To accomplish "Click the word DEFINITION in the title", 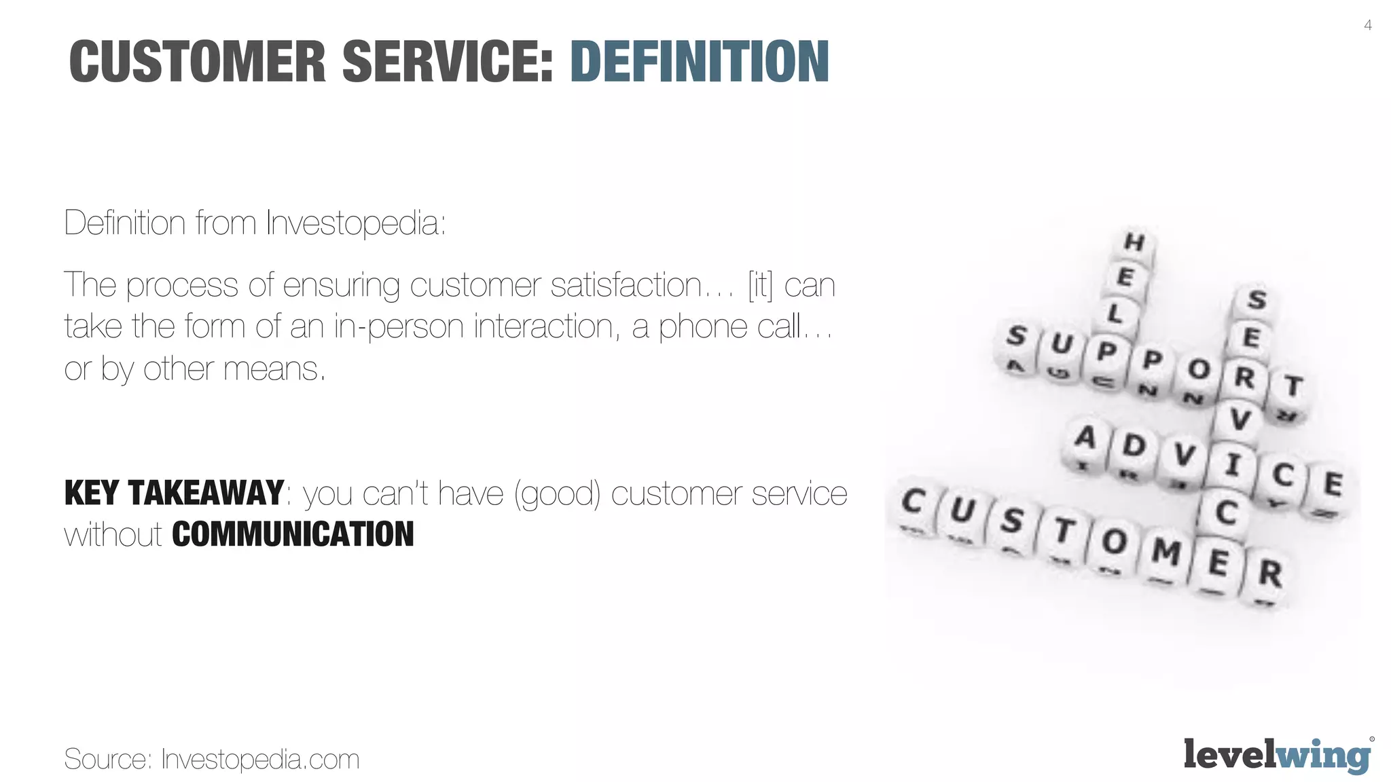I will tap(700, 62).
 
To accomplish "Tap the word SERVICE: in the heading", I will tap(448, 62).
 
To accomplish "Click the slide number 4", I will tap(1367, 26).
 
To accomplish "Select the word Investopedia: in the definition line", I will tap(355, 223).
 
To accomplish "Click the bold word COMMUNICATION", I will tap(293, 534).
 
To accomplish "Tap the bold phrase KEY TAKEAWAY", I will tap(174, 493).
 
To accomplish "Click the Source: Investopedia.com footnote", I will tap(211, 759).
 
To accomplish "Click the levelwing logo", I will tap(1277, 755).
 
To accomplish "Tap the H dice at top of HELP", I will tap(1134, 242).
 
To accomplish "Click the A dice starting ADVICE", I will tap(1085, 438).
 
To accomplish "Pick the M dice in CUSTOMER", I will tap(1166, 551).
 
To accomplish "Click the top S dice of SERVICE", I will tap(1257, 300).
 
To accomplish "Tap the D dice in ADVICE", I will tap(1134, 447).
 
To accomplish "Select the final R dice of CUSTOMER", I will tap(1269, 574).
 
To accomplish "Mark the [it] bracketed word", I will tap(760, 285).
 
